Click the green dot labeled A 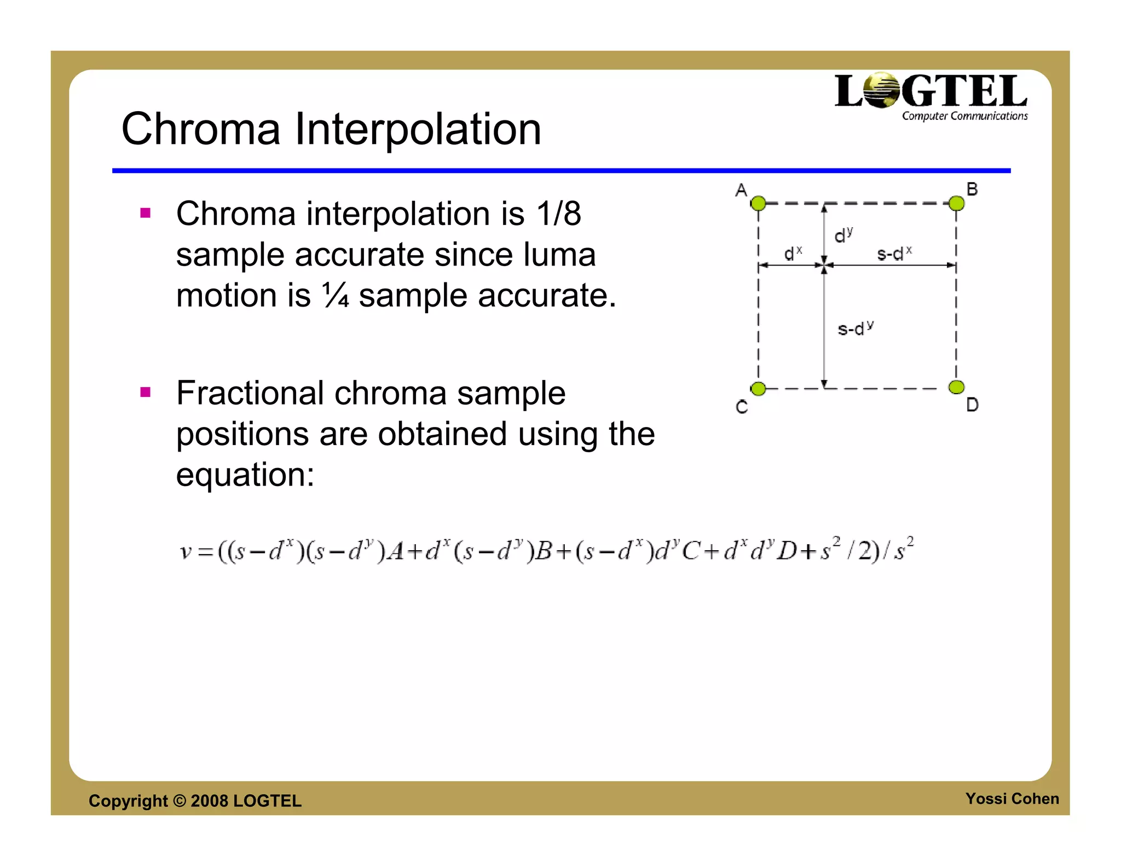click(758, 204)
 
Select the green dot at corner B click(956, 204)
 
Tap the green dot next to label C click(758, 389)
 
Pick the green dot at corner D click(956, 388)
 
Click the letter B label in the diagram click(972, 189)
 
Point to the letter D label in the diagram click(972, 405)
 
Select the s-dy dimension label click(856, 328)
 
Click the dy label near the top click(843, 235)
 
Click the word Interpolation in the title click(418, 129)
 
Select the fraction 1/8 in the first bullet click(558, 213)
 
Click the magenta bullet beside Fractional click(145, 392)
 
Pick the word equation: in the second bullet click(245, 474)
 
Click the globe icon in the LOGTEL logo click(882, 90)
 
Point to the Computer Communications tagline click(964, 116)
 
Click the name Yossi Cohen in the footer click(1012, 799)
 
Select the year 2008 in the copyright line click(209, 801)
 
